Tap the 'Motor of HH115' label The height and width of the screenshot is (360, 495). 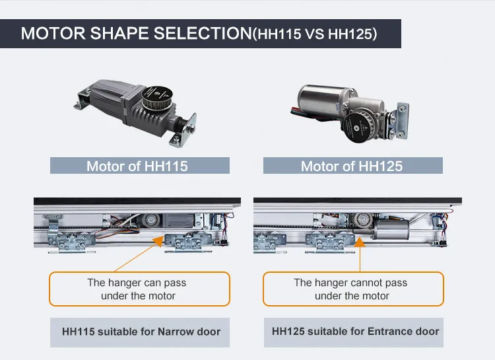click(x=137, y=166)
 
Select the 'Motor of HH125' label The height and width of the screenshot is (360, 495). click(x=351, y=166)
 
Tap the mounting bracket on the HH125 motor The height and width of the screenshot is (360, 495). click(x=399, y=121)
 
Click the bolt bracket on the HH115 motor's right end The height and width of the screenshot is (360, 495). click(x=185, y=130)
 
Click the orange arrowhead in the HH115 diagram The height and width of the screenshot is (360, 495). click(x=159, y=241)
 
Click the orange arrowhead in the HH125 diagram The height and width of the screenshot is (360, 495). click(x=360, y=242)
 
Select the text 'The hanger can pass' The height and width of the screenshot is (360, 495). click(x=137, y=282)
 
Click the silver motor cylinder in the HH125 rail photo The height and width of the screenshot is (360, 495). click(x=391, y=229)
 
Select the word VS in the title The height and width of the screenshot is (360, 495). click(x=314, y=34)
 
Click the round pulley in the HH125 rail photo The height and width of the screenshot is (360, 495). click(x=363, y=219)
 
